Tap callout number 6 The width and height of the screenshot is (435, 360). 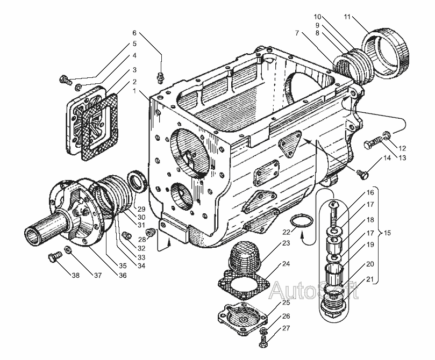[135, 32]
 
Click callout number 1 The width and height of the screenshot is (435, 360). [134, 91]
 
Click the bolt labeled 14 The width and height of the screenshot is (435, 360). [362, 174]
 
